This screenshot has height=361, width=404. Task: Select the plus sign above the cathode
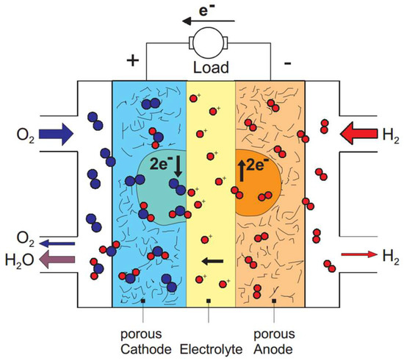[x=134, y=60]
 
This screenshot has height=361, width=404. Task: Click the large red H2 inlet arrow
[x=358, y=135]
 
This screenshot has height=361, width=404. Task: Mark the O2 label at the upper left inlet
[x=16, y=135]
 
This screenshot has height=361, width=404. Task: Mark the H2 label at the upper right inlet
[x=389, y=135]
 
